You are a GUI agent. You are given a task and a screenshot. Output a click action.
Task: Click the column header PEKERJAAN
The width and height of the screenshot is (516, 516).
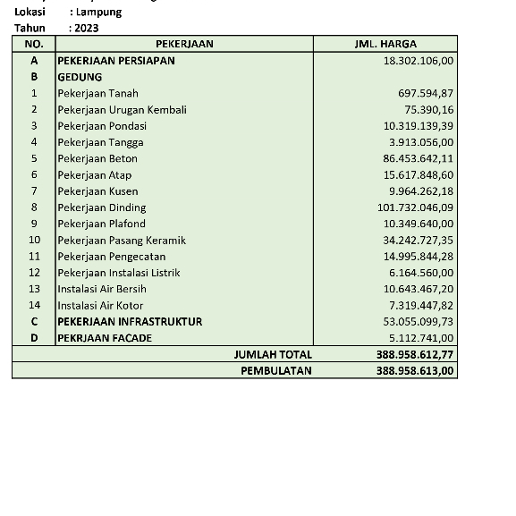click(x=184, y=44)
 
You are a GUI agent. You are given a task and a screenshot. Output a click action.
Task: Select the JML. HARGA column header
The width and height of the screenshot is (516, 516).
click(x=385, y=44)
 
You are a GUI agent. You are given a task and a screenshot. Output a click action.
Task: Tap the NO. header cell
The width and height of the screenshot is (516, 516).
click(x=34, y=44)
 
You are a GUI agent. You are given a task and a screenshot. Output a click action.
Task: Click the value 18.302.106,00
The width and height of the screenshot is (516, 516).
click(x=419, y=61)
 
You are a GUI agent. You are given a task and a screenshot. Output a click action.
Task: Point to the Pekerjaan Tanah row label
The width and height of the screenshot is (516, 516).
click(x=98, y=93)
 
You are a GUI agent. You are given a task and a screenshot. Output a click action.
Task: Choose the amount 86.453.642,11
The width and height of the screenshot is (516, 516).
click(x=419, y=158)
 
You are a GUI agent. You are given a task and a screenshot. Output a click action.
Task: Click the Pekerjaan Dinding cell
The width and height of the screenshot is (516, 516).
click(x=102, y=207)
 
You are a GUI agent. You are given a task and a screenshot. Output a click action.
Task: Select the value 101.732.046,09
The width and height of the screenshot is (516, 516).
click(x=415, y=207)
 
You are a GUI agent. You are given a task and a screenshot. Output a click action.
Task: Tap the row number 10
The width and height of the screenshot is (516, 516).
click(x=34, y=240)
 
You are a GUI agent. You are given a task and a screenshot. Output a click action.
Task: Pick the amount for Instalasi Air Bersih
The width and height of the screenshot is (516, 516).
click(x=419, y=289)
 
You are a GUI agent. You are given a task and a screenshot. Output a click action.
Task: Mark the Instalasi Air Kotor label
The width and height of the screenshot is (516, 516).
click(x=100, y=305)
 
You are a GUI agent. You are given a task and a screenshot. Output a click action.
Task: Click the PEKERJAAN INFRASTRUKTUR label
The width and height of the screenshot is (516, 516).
click(x=130, y=321)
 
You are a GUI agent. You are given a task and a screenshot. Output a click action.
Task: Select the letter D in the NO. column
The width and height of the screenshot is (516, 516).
click(x=34, y=338)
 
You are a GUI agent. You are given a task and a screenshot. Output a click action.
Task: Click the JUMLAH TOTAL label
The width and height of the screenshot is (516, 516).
click(x=273, y=354)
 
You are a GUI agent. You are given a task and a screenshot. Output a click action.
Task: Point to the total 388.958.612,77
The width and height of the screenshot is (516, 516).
click(x=415, y=354)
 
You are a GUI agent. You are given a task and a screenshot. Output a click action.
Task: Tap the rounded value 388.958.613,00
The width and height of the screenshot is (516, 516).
click(x=415, y=370)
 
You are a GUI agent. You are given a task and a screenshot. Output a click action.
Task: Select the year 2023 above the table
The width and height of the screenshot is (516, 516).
click(x=88, y=28)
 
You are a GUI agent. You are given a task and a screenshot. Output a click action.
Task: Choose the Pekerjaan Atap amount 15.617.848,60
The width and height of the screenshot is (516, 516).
click(x=419, y=174)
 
